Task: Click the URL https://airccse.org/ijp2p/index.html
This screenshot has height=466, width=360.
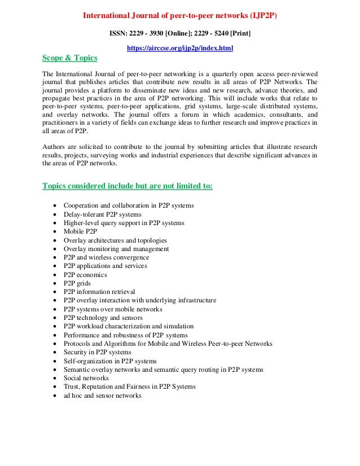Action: coord(180,49)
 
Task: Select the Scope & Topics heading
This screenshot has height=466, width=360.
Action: coord(70,58)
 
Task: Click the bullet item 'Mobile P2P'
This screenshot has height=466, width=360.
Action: coord(80,231)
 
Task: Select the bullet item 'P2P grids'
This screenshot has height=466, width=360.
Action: coord(77,283)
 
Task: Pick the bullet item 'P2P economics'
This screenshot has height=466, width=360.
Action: coord(85,275)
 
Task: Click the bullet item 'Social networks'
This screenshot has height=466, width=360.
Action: coord(86,378)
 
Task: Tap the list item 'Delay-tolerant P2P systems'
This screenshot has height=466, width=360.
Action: coord(103,214)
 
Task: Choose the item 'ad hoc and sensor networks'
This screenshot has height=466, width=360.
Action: coord(102,395)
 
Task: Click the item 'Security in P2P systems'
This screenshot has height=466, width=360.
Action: coord(98,352)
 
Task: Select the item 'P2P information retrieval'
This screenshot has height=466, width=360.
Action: coord(99,292)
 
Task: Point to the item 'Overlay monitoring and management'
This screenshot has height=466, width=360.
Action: coord(116,249)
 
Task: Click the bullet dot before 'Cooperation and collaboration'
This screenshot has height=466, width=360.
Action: coord(54,206)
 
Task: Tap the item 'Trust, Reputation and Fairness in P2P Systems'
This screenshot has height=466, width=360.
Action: coord(129,386)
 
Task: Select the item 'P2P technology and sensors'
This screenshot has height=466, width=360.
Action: coord(103,318)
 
